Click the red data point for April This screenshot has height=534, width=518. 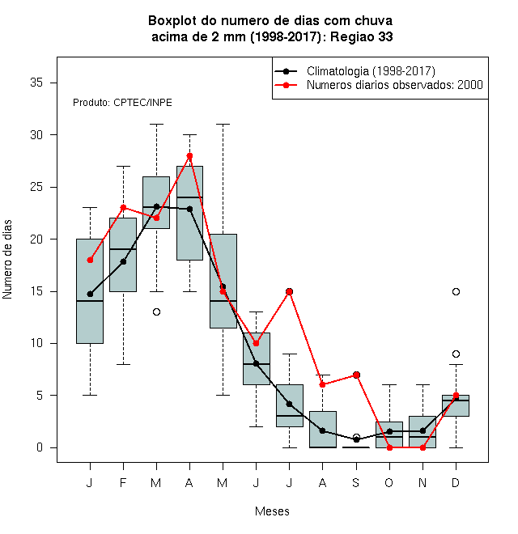190,155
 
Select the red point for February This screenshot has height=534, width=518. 123,207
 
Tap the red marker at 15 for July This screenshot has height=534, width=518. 289,291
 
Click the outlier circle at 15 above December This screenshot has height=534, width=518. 456,291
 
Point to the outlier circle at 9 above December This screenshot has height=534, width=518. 456,354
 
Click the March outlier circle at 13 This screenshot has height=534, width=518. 156,312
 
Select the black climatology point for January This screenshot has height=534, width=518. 90,294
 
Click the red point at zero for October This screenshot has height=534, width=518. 389,448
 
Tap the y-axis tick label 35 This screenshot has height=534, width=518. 36,83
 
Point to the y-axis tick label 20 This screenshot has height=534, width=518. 36,239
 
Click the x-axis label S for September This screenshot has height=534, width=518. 356,482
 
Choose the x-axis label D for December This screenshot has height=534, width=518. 456,482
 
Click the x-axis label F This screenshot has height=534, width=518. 123,482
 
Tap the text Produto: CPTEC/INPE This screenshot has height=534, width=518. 122,103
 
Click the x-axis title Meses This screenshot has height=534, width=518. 272,511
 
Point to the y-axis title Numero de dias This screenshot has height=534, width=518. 7,260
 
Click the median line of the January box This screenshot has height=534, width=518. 90,301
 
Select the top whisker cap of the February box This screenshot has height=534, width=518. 123,166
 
